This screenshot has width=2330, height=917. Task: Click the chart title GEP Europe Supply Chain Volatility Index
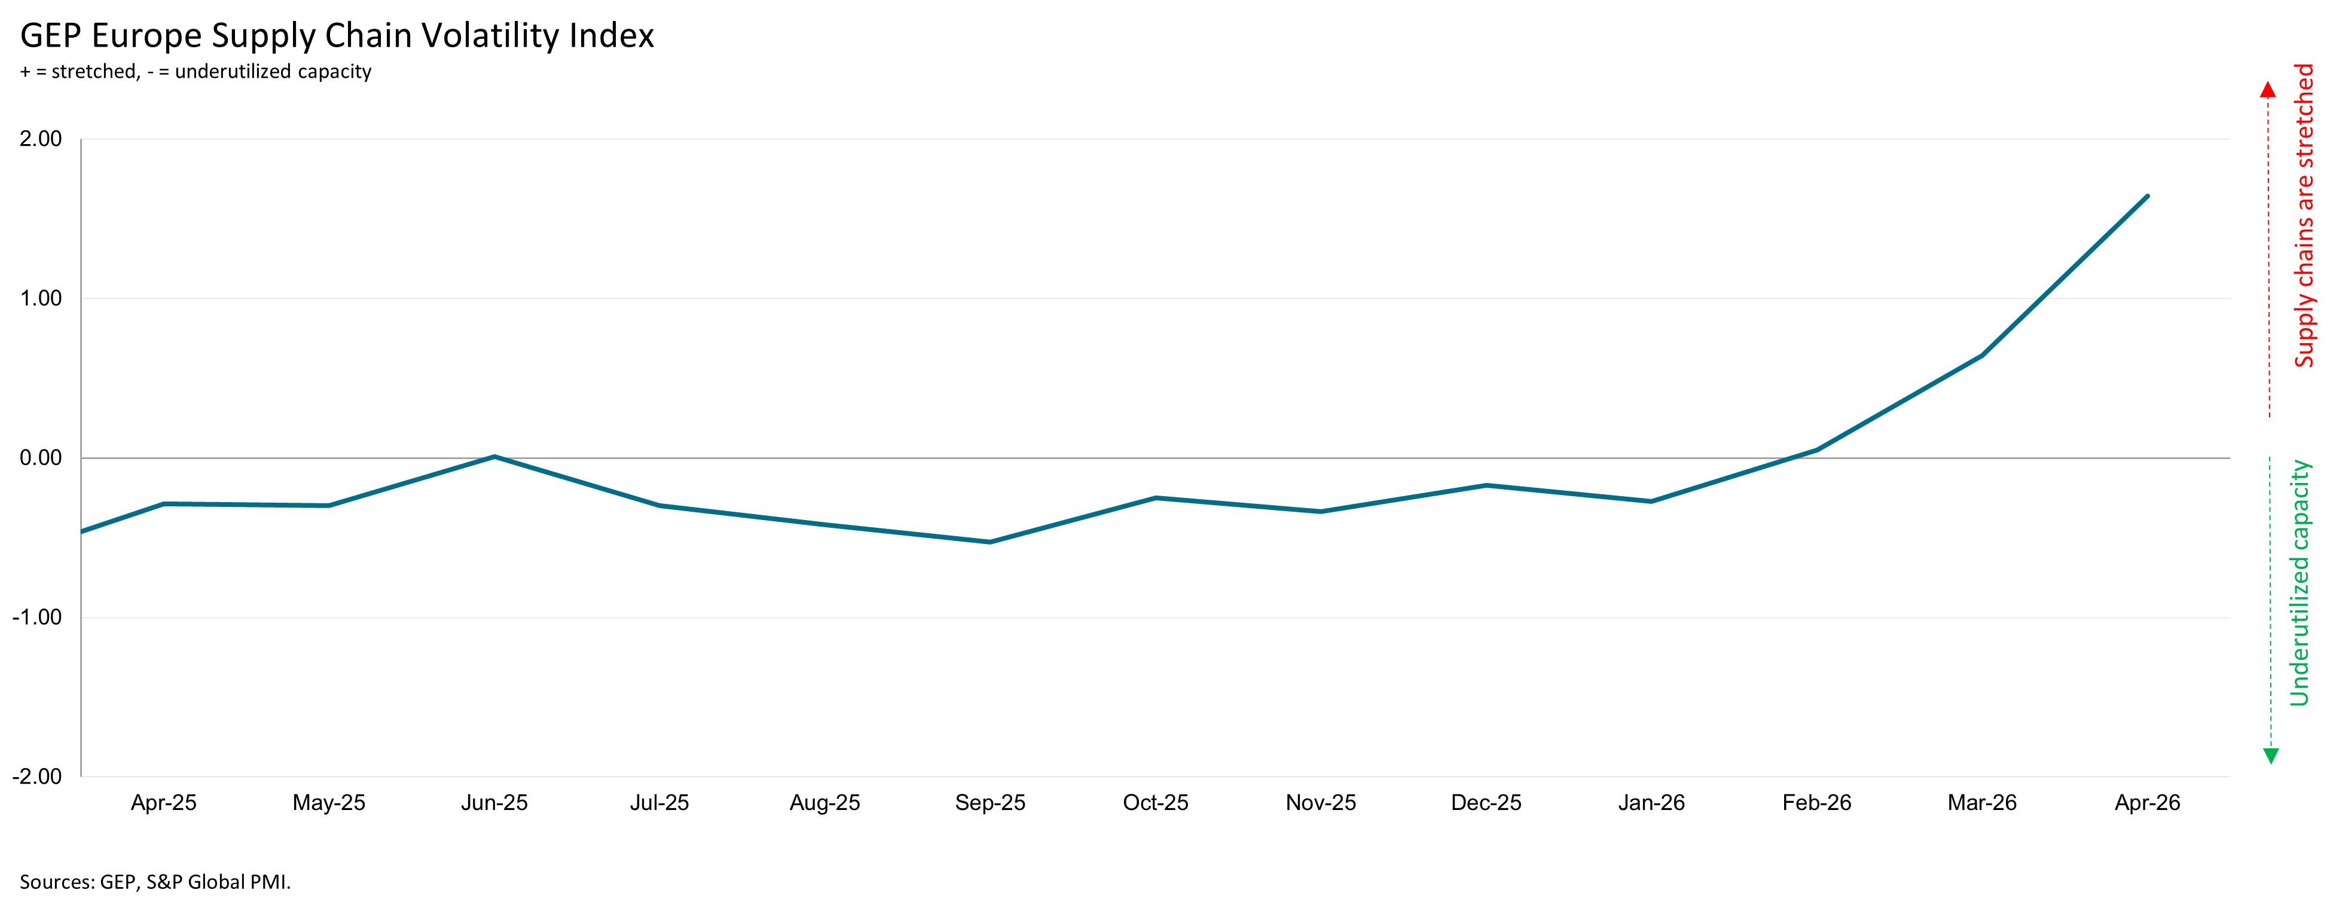coord(337,36)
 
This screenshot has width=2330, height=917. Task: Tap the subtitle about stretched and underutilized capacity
coord(196,72)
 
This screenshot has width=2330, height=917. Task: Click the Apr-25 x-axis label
coord(164,803)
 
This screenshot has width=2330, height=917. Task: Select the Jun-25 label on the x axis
coord(494,803)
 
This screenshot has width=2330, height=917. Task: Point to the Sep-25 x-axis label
coord(991,803)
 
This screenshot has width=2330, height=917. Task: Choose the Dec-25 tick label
coord(1486,803)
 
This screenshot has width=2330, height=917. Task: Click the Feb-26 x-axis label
coord(1817,803)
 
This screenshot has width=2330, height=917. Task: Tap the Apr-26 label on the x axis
coord(2147,803)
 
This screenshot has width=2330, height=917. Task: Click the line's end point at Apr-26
coord(2147,196)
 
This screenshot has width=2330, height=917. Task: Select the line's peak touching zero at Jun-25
coord(494,457)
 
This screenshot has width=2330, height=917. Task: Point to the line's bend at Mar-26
coord(1983,356)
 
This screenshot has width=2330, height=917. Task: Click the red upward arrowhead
coord(2268,90)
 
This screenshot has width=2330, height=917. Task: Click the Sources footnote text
coord(155,882)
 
